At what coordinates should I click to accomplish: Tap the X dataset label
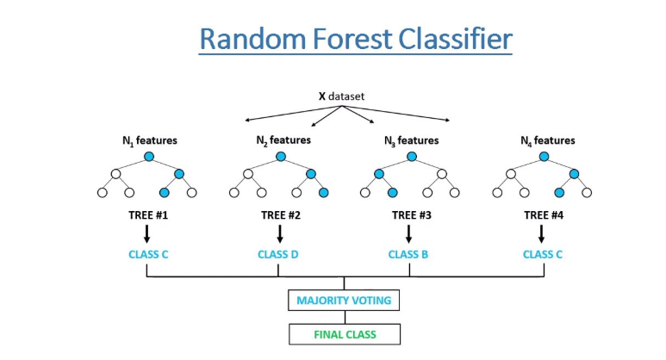344,96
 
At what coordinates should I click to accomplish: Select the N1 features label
148,140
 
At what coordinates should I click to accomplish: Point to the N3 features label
411,140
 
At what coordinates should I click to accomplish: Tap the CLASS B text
410,255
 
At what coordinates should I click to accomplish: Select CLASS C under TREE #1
148,255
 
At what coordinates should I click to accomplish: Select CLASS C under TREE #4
542,255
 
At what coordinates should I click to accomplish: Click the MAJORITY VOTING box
344,301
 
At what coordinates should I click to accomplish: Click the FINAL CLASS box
344,333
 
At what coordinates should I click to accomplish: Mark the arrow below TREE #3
411,233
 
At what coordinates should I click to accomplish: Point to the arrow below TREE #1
148,233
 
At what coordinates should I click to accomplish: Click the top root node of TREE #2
280,157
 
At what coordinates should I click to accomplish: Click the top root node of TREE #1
148,157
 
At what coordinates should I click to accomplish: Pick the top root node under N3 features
411,157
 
